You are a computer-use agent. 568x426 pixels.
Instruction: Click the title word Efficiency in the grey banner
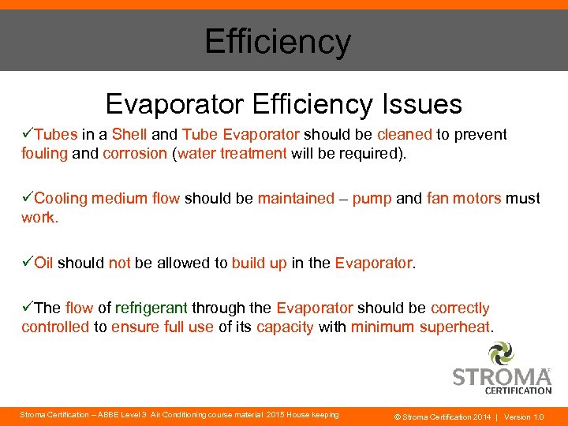pyautogui.click(x=277, y=41)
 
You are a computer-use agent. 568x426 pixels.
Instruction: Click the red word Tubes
pyautogui.click(x=56, y=135)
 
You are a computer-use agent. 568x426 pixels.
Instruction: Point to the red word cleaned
pyautogui.click(x=405, y=135)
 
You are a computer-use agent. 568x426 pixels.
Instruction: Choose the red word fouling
pyautogui.click(x=45, y=153)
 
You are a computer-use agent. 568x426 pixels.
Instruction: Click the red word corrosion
pyautogui.click(x=135, y=153)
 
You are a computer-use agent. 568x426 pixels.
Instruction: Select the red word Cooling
pyautogui.click(x=62, y=199)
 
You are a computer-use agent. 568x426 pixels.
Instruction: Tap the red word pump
pyautogui.click(x=372, y=199)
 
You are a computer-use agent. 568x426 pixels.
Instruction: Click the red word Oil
pyautogui.click(x=43, y=263)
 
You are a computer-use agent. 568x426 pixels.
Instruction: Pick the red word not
pyautogui.click(x=119, y=263)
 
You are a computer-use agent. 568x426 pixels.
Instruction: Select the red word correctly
pyautogui.click(x=460, y=308)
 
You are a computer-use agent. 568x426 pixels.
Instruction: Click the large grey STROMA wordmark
pyautogui.click(x=501, y=376)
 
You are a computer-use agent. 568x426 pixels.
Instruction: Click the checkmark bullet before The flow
pyautogui.click(x=28, y=308)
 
